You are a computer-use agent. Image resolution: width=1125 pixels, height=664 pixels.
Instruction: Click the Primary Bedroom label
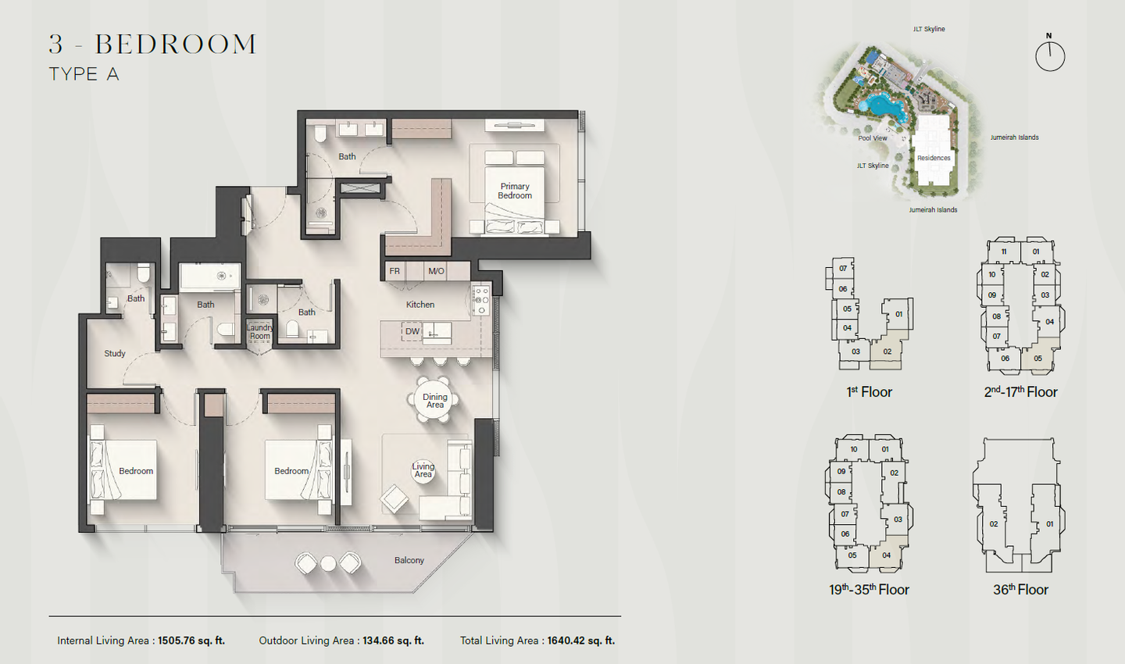[515, 191]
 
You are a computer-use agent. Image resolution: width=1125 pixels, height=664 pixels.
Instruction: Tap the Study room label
[115, 354]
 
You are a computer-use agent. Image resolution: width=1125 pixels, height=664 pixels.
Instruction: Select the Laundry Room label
[259, 332]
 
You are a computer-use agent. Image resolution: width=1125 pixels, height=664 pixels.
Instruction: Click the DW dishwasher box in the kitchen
[412, 331]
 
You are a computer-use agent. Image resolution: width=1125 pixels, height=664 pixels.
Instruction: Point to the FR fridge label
[395, 271]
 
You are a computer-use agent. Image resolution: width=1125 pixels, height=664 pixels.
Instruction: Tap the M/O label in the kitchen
[436, 271]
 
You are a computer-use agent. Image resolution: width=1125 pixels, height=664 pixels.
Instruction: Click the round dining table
[435, 400]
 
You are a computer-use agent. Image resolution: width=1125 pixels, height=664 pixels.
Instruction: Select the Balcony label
[409, 560]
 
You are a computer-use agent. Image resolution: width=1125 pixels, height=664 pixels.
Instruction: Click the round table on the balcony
[328, 563]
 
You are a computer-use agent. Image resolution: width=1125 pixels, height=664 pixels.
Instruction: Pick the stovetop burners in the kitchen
[480, 300]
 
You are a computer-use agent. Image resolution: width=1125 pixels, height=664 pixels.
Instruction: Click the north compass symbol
[1050, 55]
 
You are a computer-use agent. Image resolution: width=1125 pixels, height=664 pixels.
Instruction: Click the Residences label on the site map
[934, 158]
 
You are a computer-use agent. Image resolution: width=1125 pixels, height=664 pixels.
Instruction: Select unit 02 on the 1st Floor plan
[887, 352]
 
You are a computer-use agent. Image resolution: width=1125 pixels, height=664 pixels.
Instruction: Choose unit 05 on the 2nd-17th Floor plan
[1038, 359]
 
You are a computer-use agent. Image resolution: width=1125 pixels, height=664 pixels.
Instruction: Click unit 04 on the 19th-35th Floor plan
[887, 555]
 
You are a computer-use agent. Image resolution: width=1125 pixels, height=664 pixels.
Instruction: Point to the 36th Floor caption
[1020, 589]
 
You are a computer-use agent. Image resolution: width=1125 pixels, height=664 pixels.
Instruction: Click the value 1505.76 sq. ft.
[191, 641]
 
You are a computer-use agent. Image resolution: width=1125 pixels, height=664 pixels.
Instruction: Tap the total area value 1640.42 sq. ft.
[581, 641]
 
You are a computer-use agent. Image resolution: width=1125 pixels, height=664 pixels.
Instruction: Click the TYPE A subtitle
[84, 74]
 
